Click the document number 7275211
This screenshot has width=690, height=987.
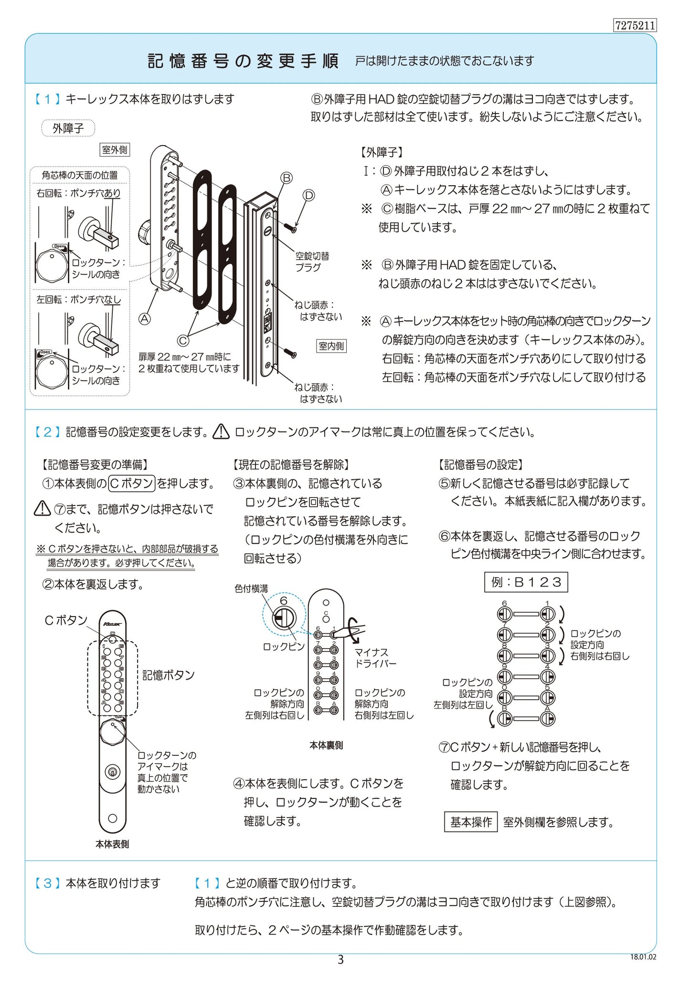pos(635,25)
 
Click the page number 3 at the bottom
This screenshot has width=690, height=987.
pos(340,959)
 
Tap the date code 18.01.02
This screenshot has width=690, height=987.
pos(643,957)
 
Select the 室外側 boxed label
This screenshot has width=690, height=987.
pos(115,150)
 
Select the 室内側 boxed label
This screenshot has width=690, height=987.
pos(331,346)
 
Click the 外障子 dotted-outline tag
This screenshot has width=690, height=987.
pos(68,128)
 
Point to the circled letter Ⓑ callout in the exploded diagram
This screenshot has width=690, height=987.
pos(286,178)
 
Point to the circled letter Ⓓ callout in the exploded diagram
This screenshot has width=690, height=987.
pos(309,195)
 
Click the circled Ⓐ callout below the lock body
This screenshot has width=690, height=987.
pos(144,318)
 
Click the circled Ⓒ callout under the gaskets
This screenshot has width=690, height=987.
pos(183,340)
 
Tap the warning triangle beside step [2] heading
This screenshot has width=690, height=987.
pos(221,431)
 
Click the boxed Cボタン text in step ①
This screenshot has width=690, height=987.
pos(131,483)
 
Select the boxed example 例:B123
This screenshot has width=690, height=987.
pos(526,582)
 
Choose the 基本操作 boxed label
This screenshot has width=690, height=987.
pos(471,822)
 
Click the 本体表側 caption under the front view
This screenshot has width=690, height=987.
pos(112,844)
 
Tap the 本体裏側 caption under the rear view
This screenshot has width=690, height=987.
pos(326,745)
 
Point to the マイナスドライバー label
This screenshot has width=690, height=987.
pos(375,658)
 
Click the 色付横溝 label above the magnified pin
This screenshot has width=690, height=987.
pos(251,589)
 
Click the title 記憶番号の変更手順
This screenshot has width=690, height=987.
pos(244,61)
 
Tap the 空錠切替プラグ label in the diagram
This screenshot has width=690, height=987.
pos(312,262)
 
